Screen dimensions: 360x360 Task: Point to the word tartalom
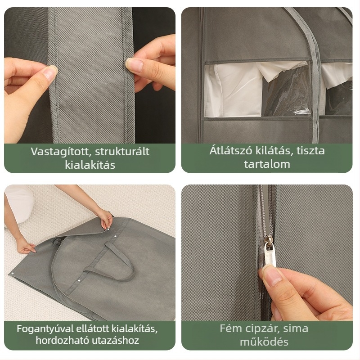click(x=267, y=164)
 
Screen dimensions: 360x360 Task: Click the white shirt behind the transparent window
click(x=234, y=90)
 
